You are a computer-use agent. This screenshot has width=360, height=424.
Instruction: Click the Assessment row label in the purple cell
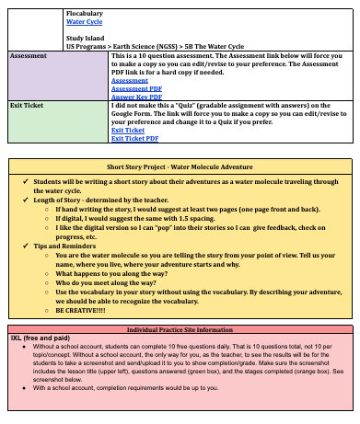(29, 57)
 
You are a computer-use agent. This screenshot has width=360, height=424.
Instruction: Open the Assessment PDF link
(130, 88)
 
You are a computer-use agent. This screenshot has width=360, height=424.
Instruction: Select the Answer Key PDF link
(131, 96)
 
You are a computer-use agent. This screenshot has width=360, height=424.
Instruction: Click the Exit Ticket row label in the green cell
(27, 107)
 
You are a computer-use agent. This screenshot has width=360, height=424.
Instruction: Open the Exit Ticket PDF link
(134, 138)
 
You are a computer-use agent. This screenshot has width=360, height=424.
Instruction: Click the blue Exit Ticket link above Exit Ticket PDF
(127, 131)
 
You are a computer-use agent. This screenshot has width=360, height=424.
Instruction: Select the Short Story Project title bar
(180, 168)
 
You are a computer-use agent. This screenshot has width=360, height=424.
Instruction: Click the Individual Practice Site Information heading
(180, 328)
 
